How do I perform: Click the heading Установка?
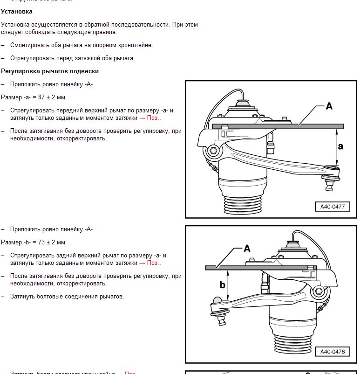[17, 11]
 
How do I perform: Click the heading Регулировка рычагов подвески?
[50, 71]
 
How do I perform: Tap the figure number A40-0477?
[332, 207]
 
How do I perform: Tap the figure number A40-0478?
[333, 352]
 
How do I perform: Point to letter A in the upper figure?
[329, 106]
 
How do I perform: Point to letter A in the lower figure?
[247, 249]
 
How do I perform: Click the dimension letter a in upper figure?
[340, 146]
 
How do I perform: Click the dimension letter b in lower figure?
[223, 284]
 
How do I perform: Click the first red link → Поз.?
[150, 118]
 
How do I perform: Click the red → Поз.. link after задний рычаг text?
[150, 263]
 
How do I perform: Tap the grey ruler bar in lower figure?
[261, 268]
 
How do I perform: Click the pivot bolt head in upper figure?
[213, 150]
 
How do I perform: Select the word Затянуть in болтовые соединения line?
[23, 297]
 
